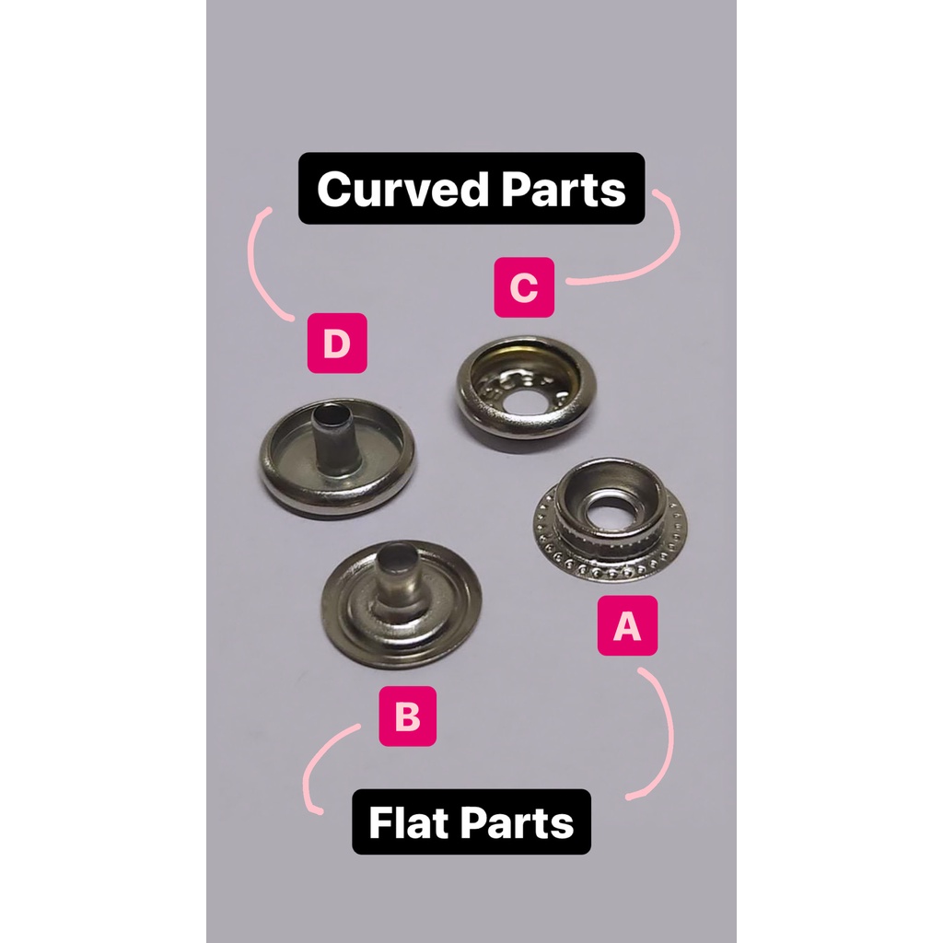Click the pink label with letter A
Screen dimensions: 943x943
627,626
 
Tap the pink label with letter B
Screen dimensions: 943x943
407,716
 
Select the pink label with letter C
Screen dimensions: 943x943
524,287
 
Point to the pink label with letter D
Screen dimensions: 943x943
337,343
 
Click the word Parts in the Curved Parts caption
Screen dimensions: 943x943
566,189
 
